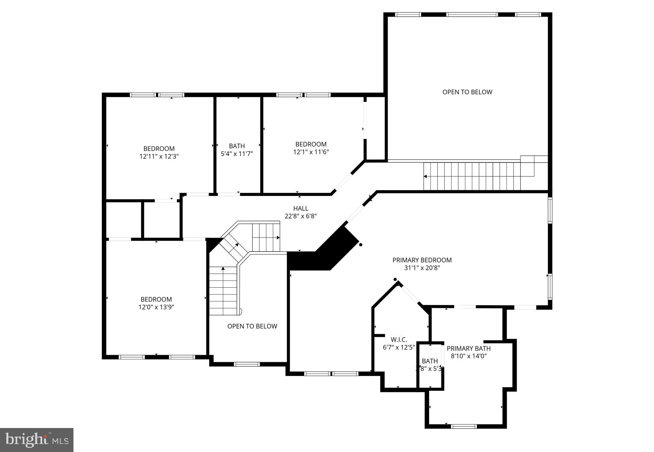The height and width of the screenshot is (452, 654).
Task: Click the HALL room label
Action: coord(300,209)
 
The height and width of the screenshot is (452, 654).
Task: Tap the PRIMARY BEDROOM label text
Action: coord(422,260)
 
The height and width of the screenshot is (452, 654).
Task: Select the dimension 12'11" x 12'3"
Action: coord(159,157)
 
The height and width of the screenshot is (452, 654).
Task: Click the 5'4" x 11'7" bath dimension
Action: coord(237,154)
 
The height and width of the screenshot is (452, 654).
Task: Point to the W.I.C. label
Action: coord(399,340)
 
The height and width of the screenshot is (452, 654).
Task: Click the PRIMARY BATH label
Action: coord(468,348)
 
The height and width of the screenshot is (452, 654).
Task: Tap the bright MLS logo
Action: coord(37,440)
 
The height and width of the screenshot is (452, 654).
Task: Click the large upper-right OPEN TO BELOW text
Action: coord(467,92)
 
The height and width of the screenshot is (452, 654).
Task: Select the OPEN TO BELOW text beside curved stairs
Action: coord(252,326)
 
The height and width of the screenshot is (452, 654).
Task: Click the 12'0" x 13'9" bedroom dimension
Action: coord(156,307)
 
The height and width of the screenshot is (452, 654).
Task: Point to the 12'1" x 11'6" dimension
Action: coord(311,152)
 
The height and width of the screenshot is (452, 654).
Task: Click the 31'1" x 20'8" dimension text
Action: coord(422,268)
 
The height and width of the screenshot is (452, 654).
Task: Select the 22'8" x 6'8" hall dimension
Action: coord(300,216)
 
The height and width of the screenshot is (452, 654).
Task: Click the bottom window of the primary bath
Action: coord(464,426)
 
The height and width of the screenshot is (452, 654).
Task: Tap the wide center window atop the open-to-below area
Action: coord(472,14)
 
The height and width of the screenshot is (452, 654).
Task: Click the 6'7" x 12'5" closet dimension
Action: coord(399,347)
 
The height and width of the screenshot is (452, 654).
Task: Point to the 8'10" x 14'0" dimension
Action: coord(468,356)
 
